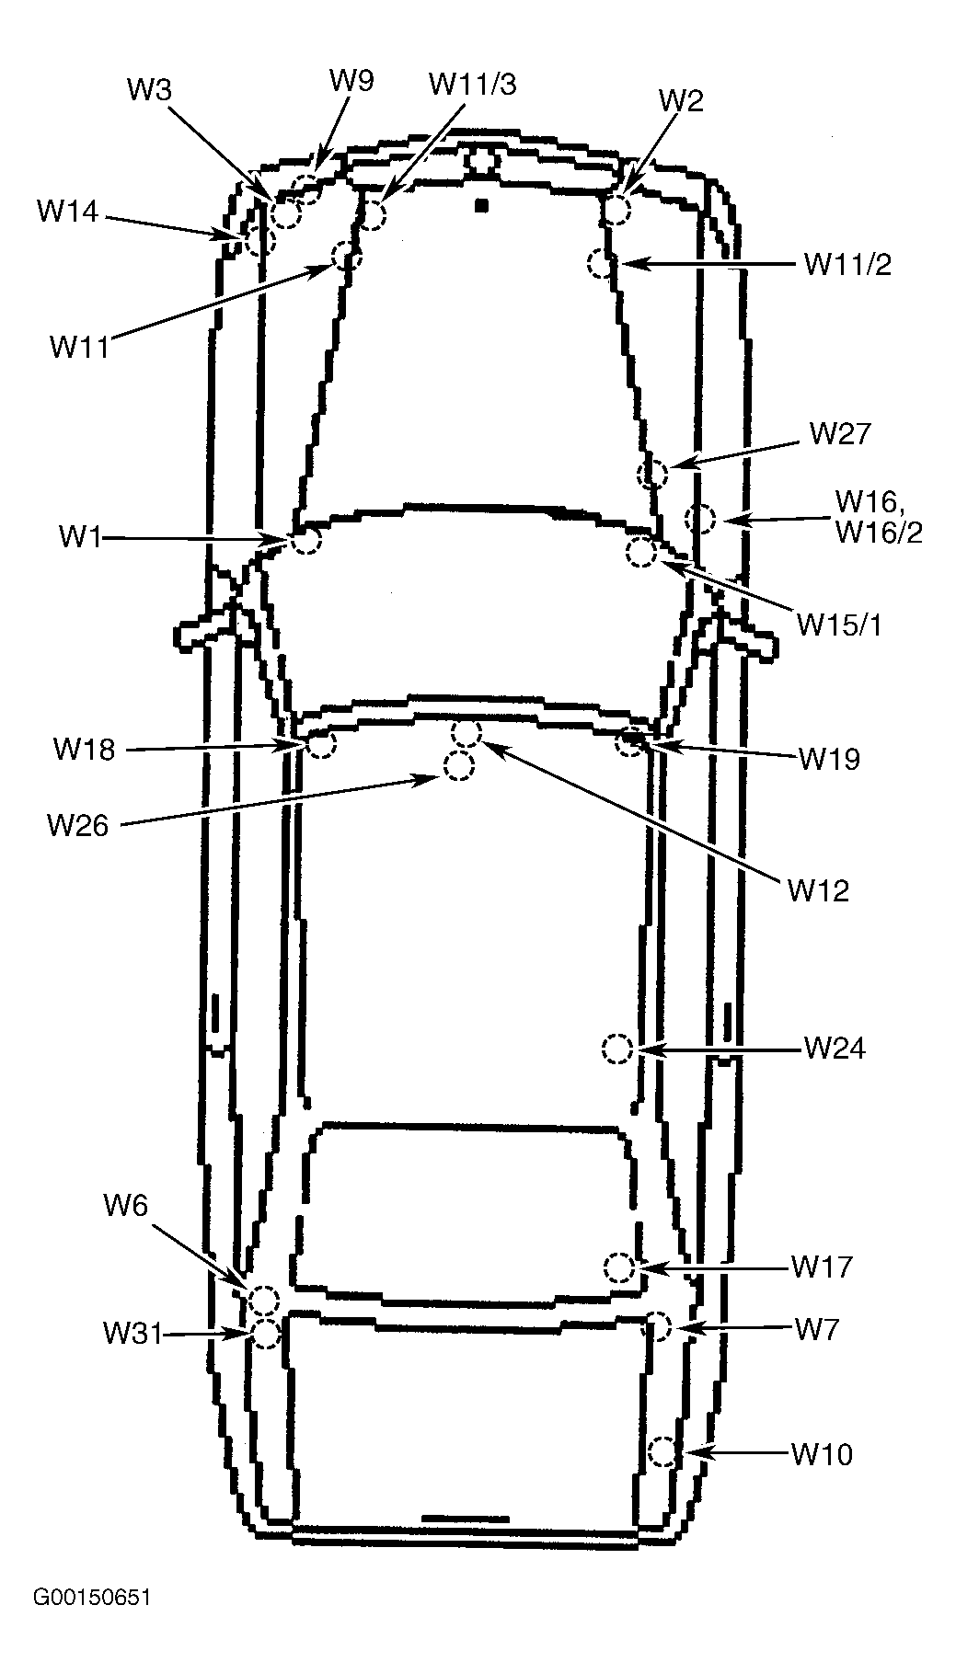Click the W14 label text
point(66,212)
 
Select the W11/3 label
point(472,84)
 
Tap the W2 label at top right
point(681,100)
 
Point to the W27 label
point(839,433)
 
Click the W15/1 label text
point(838,625)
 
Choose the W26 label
point(78,825)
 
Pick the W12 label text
point(818,889)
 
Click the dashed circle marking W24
point(616,1049)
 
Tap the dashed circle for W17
point(618,1267)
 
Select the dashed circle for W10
point(662,1452)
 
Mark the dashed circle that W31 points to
point(265,1333)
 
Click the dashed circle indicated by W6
point(264,1300)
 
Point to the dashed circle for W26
point(458,765)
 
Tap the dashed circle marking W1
point(305,539)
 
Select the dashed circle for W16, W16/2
point(700,518)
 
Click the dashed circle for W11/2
point(600,263)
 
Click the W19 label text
point(829,759)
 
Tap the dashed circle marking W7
point(657,1325)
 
